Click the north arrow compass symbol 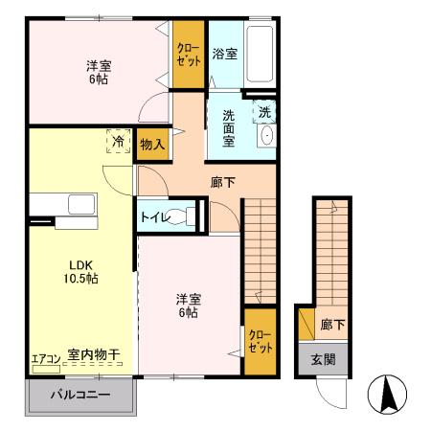(x=389, y=394)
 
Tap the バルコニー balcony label (x=80, y=395)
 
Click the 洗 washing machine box (x=264, y=112)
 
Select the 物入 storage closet (x=152, y=145)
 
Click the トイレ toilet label (x=156, y=217)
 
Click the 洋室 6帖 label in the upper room (x=98, y=74)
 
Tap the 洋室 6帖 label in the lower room (x=188, y=304)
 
